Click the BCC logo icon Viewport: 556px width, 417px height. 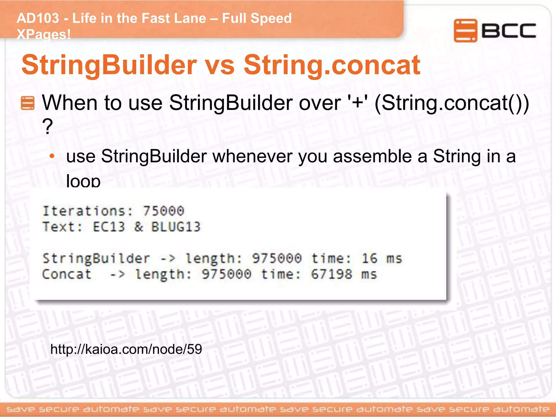[x=465, y=30]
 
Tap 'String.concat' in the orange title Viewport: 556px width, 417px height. [x=332, y=65]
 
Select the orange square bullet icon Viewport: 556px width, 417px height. [x=27, y=103]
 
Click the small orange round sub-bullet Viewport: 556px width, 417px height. [x=52, y=156]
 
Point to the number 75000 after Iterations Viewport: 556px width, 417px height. [x=163, y=211]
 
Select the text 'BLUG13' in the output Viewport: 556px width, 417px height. [x=176, y=227]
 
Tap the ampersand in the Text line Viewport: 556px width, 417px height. [x=138, y=227]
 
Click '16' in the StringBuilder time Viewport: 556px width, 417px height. [x=369, y=258]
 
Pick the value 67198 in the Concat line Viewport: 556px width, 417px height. [x=331, y=274]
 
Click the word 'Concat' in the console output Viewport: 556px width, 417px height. [x=67, y=274]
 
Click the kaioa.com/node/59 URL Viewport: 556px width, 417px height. [x=126, y=349]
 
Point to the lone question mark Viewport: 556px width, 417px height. [x=47, y=127]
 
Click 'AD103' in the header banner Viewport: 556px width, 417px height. [x=38, y=18]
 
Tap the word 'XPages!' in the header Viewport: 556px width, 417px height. [x=43, y=34]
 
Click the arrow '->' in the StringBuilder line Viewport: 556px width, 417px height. [x=168, y=258]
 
